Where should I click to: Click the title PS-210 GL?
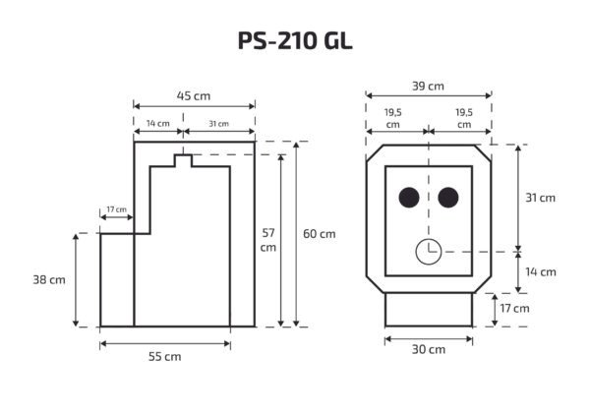tap(294, 40)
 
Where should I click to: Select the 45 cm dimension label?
tap(194, 95)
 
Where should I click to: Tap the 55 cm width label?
tap(165, 356)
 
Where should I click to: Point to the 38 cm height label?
tap(49, 279)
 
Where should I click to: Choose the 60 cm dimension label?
tap(319, 233)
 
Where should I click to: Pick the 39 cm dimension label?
tap(427, 87)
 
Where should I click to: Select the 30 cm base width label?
tap(429, 349)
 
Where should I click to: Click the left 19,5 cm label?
tap(393, 119)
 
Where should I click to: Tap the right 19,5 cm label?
tap(463, 119)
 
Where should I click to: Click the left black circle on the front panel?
tap(408, 198)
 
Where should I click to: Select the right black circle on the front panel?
tap(447, 198)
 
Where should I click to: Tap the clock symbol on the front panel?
tap(428, 252)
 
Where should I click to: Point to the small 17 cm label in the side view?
tap(116, 209)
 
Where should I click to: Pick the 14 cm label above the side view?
tap(156, 124)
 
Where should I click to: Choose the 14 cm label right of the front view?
tap(540, 271)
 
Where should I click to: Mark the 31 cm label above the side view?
tap(218, 124)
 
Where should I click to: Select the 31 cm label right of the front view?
tap(540, 198)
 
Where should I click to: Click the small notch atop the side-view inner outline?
tap(181, 160)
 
